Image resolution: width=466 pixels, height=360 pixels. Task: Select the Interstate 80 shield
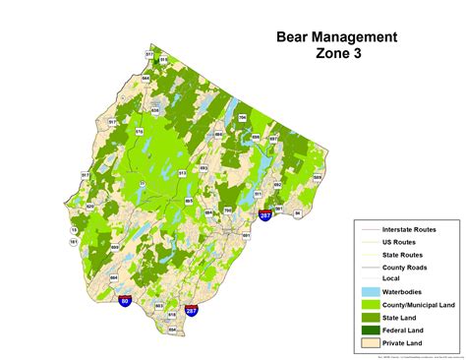tap(124, 302)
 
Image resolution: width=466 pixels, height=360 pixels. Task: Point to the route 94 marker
tap(298, 212)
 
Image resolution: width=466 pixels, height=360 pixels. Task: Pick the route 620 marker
tap(89, 207)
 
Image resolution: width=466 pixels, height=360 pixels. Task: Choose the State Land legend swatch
tap(368, 318)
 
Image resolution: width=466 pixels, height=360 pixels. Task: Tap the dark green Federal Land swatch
tap(368, 330)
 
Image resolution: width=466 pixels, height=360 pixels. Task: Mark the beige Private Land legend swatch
tap(368, 343)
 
